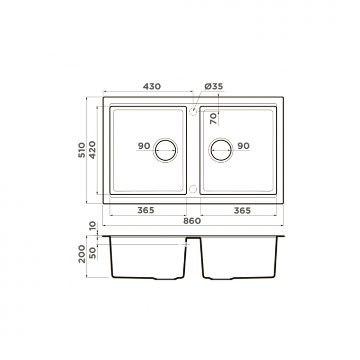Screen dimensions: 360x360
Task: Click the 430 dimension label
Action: pyautogui.click(x=152, y=87)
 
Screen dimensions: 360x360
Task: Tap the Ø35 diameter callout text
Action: pyautogui.click(x=213, y=87)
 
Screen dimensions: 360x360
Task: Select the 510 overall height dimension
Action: pyautogui.click(x=82, y=150)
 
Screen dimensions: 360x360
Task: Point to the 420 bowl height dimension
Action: pyautogui.click(x=92, y=150)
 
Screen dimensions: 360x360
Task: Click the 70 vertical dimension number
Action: pyautogui.click(x=213, y=119)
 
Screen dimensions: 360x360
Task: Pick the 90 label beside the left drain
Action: pyautogui.click(x=144, y=146)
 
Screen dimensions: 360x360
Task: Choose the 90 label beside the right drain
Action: pyautogui.click(x=243, y=146)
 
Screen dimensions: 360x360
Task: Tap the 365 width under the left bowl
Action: pyautogui.click(x=146, y=210)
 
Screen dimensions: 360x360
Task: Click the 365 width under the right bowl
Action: pyautogui.click(x=242, y=210)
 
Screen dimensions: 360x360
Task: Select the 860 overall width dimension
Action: pyautogui.click(x=192, y=221)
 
